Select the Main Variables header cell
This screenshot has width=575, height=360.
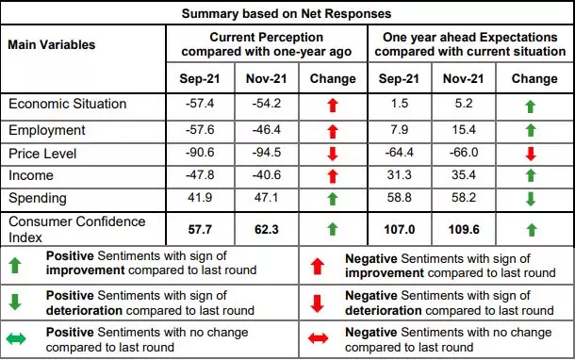[x=52, y=44]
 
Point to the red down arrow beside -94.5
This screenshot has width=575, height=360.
[x=332, y=152]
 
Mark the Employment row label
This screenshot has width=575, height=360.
[x=47, y=128]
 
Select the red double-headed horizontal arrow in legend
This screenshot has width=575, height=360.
[x=320, y=339]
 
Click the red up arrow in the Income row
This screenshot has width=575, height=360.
[x=332, y=175]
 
